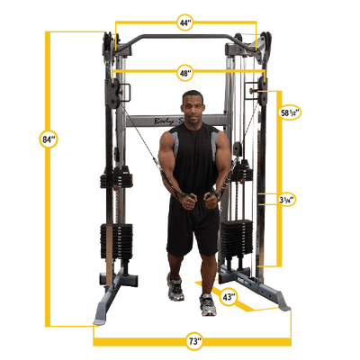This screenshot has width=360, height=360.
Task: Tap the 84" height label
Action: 49,139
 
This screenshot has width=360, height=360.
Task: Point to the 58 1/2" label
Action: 290,114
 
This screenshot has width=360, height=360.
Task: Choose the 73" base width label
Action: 194,341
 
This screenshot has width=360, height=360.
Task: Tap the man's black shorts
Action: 192,229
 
